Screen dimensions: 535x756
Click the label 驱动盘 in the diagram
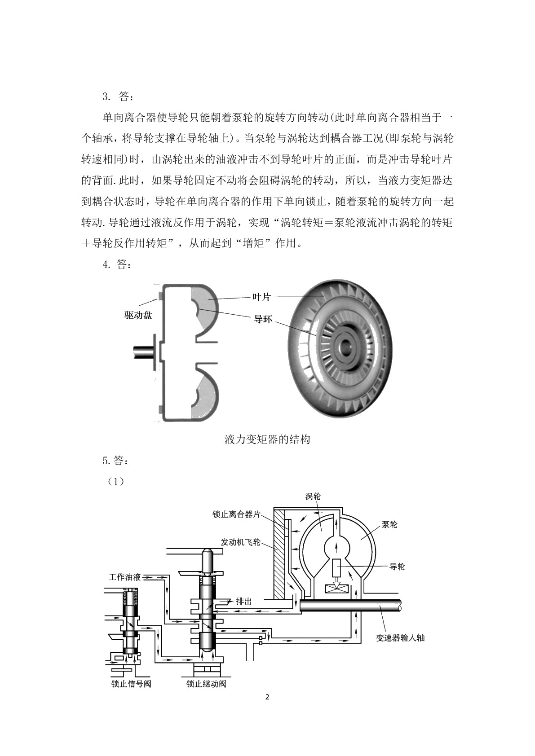[x=138, y=315]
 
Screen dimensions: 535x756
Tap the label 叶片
[x=261, y=297]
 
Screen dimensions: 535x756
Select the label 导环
[x=263, y=319]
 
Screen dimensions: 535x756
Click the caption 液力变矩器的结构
[x=267, y=440]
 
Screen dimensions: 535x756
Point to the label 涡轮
[x=313, y=496]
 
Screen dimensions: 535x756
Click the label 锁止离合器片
[x=236, y=514]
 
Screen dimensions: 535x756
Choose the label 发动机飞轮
[x=240, y=542]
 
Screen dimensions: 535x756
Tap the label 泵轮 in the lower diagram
[x=389, y=524]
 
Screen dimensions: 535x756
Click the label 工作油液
[x=124, y=577]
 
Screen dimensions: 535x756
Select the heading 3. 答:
[x=118, y=97]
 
